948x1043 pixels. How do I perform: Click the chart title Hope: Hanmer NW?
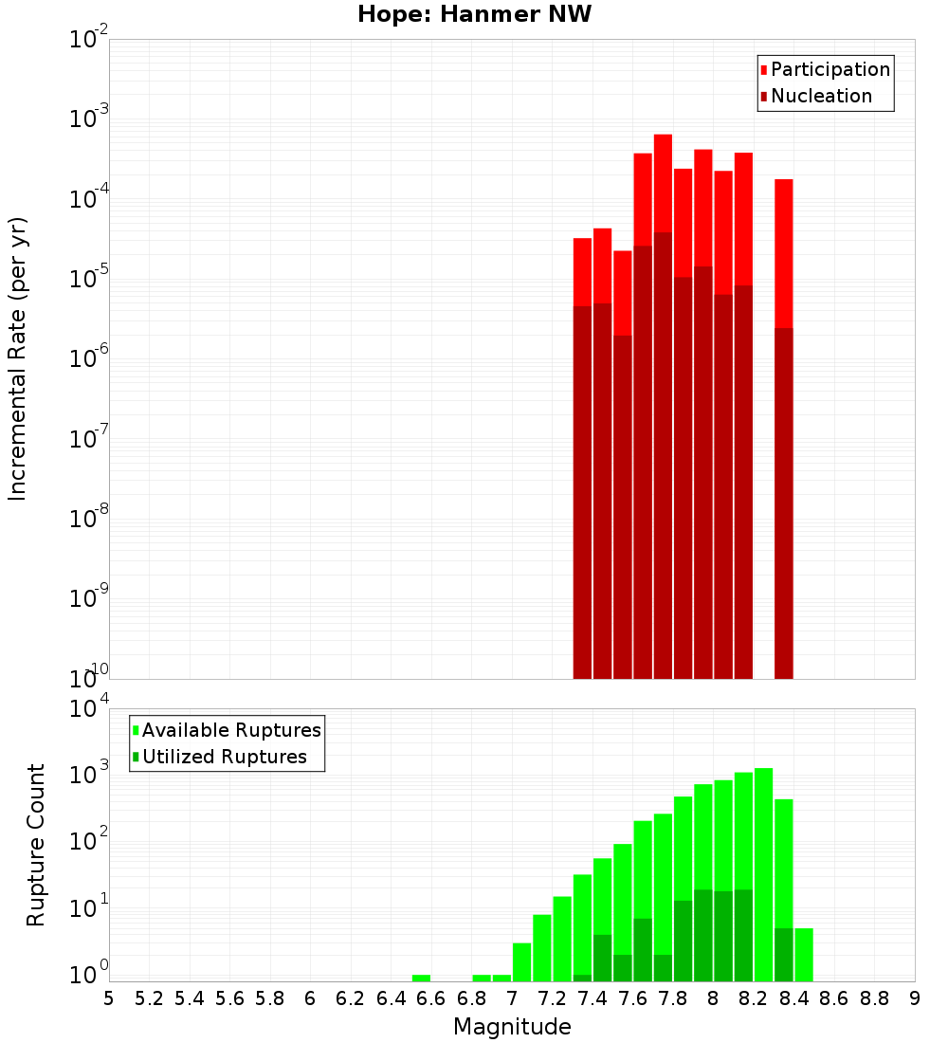click(x=474, y=15)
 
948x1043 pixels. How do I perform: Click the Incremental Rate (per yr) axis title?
click(x=18, y=358)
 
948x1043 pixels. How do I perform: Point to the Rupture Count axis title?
click(x=36, y=844)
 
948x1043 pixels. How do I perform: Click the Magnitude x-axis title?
click(x=512, y=1027)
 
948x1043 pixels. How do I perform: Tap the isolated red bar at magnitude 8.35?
click(x=783, y=427)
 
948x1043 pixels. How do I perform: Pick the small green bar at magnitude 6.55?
click(x=421, y=978)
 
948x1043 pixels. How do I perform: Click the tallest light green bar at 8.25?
click(x=763, y=872)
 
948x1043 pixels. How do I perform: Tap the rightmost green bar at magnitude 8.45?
click(x=804, y=954)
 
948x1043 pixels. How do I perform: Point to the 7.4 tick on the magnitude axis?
click(x=592, y=998)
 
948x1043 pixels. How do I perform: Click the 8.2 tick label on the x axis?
click(x=754, y=998)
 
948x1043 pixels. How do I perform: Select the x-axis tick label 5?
click(x=109, y=998)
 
